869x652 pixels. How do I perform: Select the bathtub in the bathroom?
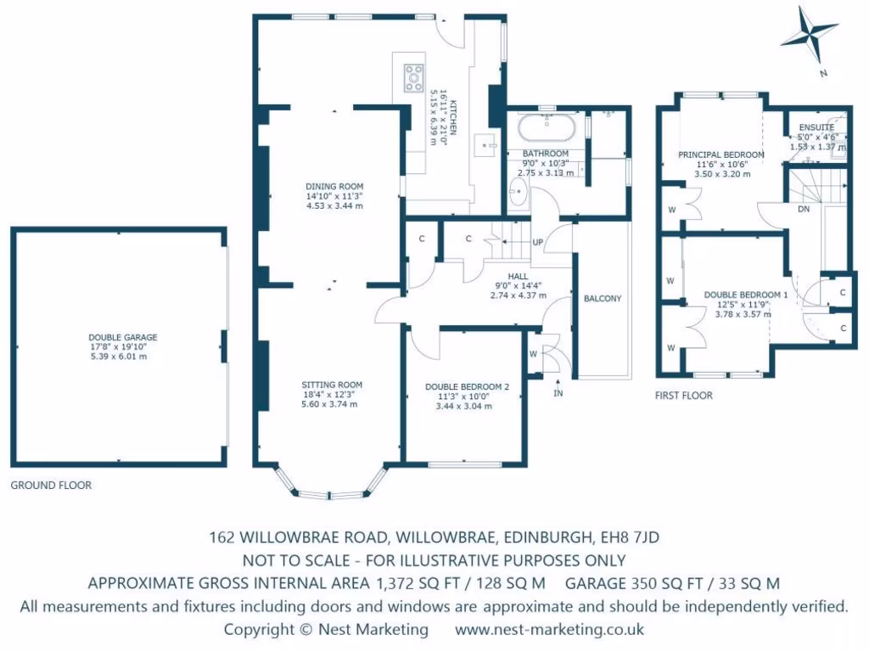(547, 129)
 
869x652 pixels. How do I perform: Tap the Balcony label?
(603, 299)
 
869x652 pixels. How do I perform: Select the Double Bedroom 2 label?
(467, 387)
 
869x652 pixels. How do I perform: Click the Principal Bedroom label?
(720, 155)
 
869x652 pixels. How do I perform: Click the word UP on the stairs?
(538, 242)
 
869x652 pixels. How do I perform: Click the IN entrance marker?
(558, 394)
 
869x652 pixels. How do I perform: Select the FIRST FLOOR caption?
(683, 396)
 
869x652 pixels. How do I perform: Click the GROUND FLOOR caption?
(51, 486)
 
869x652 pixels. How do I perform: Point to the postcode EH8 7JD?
(629, 537)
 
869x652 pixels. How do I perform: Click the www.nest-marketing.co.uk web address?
(549, 630)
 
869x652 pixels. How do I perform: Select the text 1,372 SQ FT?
(409, 583)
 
